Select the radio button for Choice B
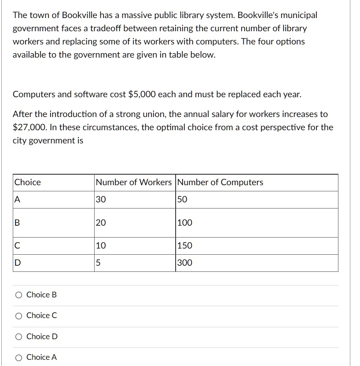pos(19,295)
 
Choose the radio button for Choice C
pos(19,316)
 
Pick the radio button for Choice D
pos(19,337)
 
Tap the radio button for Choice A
pos(19,358)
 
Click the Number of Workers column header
pos(134,182)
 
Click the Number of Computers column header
pos(220,182)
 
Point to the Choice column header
pos(28,182)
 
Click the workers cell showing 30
pos(101,199)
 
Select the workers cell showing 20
pos(101,223)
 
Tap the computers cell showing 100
pos(185,223)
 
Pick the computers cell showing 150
pos(185,245)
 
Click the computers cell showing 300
pos(185,263)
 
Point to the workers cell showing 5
pos(98,263)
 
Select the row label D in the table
pos(18,263)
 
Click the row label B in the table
pos(17,223)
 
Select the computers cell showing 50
pos(182,199)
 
